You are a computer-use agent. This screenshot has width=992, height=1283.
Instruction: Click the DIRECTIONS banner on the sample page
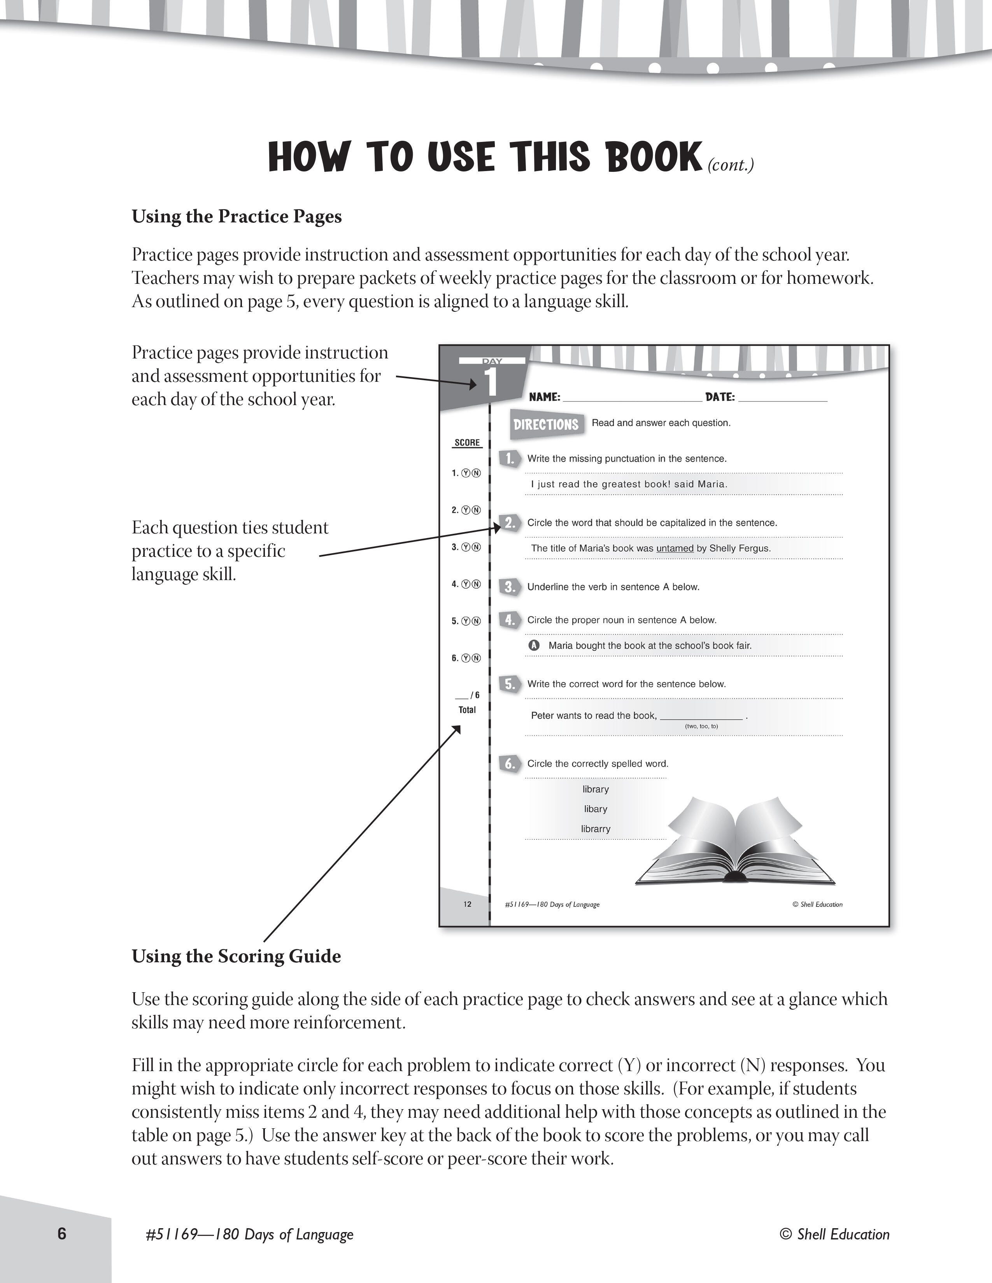click(x=546, y=424)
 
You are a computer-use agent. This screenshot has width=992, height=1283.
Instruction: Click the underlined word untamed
click(x=675, y=548)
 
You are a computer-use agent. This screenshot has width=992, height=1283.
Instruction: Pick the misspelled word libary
click(x=595, y=809)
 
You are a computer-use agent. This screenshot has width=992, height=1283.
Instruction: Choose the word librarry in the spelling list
click(x=595, y=829)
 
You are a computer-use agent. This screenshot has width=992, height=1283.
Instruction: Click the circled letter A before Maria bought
click(x=534, y=645)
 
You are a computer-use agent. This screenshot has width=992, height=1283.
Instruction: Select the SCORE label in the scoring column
click(x=467, y=442)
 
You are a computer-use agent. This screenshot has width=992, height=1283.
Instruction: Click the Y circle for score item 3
click(x=466, y=547)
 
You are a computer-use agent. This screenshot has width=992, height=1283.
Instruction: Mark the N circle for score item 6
click(x=476, y=658)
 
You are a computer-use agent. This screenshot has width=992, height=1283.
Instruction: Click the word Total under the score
click(x=467, y=710)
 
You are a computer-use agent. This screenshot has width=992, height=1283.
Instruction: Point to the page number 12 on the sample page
click(x=467, y=904)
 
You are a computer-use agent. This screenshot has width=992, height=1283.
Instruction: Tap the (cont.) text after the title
click(x=731, y=165)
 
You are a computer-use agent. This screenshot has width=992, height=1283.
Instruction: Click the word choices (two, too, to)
click(x=701, y=726)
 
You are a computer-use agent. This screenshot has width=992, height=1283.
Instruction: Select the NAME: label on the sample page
click(x=544, y=397)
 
